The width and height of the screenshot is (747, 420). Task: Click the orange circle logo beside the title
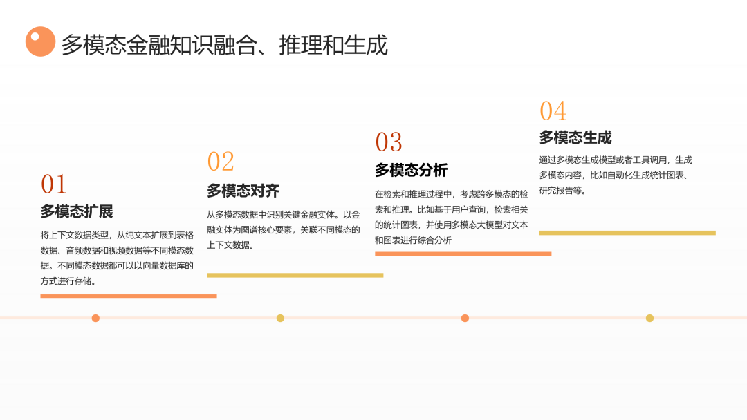tap(41, 41)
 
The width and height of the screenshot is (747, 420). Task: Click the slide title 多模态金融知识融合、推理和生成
tap(224, 45)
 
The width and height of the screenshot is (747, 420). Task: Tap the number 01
tap(53, 184)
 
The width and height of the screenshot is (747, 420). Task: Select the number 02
tap(221, 161)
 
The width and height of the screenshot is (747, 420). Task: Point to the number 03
tap(389, 142)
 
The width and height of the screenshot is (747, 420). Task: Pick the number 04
tap(553, 111)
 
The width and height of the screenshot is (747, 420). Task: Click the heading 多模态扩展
tap(77, 211)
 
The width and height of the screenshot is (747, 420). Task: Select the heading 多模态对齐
tap(243, 191)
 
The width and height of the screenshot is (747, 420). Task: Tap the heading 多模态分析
tap(411, 170)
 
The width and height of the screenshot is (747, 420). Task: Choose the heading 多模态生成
tap(575, 138)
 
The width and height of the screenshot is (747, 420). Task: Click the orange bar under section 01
tap(129, 296)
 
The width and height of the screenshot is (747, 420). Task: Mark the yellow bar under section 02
tap(295, 275)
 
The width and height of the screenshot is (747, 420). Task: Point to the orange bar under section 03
tap(463, 254)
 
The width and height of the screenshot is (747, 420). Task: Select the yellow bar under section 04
tap(627, 233)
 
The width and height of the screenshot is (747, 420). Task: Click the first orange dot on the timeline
tap(95, 318)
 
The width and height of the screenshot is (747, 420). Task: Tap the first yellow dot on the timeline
tap(280, 318)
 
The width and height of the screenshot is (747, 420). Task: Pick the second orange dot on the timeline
tap(465, 318)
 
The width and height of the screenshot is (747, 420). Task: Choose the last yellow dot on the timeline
tap(649, 318)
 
